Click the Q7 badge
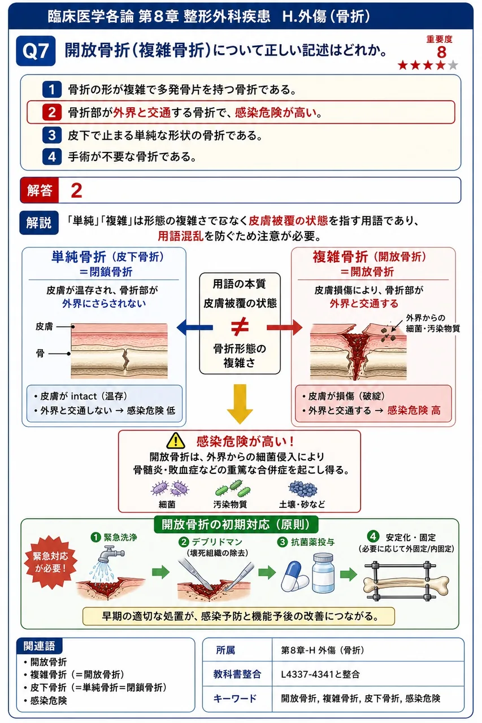click(x=36, y=51)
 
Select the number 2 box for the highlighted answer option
click(x=51, y=112)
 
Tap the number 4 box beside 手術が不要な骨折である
click(x=51, y=157)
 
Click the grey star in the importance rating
click(x=453, y=65)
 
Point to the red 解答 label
click(x=40, y=190)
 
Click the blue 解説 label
click(x=39, y=223)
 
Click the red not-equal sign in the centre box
click(x=240, y=326)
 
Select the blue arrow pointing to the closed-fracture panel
click(x=195, y=328)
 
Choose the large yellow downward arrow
click(x=240, y=404)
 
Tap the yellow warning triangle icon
click(x=176, y=441)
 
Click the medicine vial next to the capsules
click(x=323, y=573)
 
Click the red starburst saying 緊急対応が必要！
click(x=51, y=562)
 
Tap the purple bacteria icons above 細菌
click(x=170, y=489)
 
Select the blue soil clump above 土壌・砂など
click(x=302, y=489)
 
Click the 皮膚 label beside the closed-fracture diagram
click(x=44, y=326)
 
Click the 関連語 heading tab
click(x=39, y=646)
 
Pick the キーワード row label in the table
click(x=235, y=699)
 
